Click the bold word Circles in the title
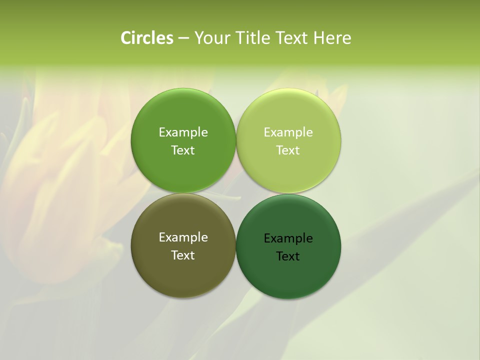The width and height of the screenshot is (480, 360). click(x=146, y=38)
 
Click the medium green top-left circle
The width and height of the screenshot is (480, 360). click(x=183, y=115)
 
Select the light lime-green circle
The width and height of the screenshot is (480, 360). click(x=288, y=115)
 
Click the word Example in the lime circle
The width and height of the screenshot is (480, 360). click(x=288, y=132)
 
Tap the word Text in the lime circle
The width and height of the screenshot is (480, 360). click(x=288, y=150)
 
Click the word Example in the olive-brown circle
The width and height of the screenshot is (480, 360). click(x=183, y=237)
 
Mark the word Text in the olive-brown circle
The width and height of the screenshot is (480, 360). click(x=183, y=255)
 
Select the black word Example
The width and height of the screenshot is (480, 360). click(x=288, y=238)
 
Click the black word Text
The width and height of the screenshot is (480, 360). click(x=288, y=256)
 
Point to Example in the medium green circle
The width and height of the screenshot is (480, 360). click(x=183, y=132)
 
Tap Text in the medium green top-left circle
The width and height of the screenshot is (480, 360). click(x=183, y=150)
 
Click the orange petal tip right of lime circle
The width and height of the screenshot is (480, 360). click(x=343, y=90)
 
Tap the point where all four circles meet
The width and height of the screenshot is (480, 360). click(x=236, y=193)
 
